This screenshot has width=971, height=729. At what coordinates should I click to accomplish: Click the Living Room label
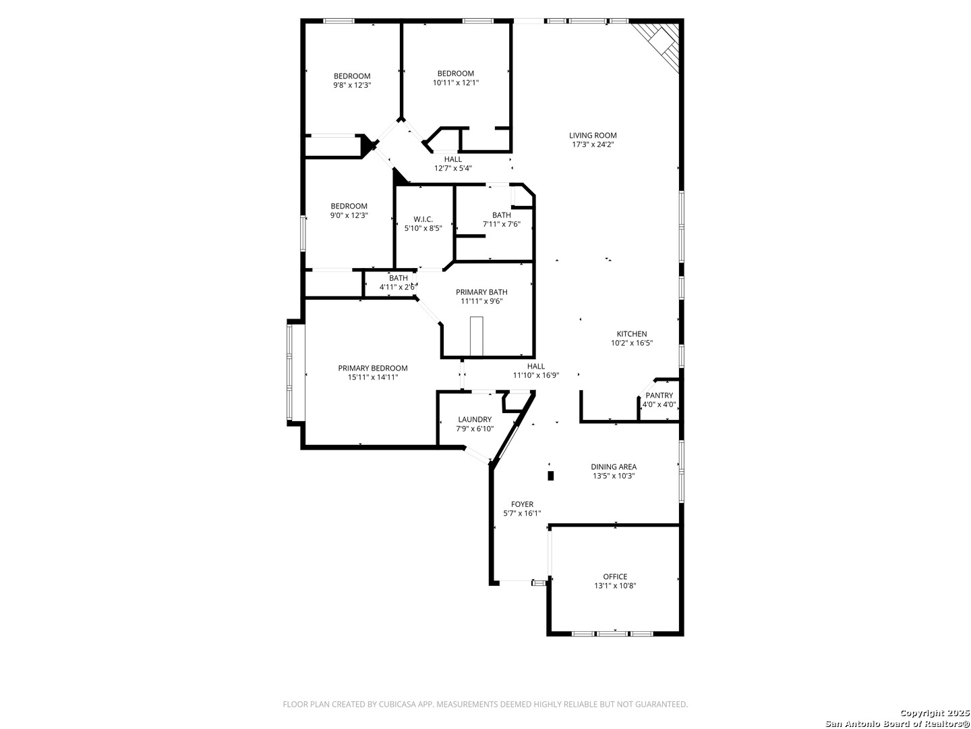(x=592, y=136)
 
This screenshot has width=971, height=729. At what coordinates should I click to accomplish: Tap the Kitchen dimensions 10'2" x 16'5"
(x=632, y=343)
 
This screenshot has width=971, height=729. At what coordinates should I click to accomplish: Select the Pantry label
(x=659, y=396)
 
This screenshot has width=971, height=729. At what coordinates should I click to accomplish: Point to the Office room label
(x=615, y=576)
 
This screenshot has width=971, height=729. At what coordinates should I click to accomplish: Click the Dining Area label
(x=614, y=466)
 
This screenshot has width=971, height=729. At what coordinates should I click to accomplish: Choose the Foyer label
(x=522, y=504)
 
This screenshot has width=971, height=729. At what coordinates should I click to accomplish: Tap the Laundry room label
(x=475, y=419)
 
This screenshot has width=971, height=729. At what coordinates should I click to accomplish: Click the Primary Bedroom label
(x=372, y=369)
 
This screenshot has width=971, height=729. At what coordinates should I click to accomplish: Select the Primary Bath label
(x=481, y=292)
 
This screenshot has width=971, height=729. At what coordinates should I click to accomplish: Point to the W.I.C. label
(x=423, y=219)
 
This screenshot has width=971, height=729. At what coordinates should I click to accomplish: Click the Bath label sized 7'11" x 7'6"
(x=501, y=215)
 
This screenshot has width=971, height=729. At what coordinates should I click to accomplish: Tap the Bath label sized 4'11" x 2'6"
(x=398, y=278)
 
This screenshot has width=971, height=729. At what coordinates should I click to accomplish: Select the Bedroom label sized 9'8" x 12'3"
(x=352, y=76)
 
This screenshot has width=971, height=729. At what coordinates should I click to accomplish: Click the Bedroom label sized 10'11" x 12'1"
(x=456, y=74)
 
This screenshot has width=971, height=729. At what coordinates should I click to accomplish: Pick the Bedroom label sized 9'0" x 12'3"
(x=349, y=207)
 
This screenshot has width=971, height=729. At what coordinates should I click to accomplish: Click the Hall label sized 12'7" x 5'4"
(x=453, y=159)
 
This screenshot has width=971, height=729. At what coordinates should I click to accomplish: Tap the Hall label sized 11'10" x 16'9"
(x=535, y=367)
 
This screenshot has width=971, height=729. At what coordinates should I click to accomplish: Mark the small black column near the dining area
(x=550, y=476)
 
